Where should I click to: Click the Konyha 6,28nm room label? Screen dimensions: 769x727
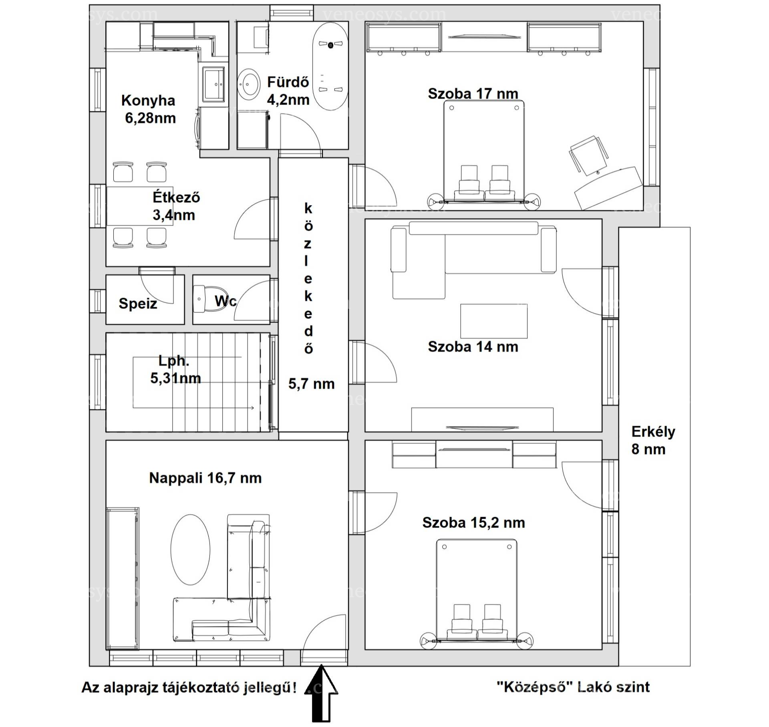149,109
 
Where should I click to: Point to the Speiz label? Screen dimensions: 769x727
138,304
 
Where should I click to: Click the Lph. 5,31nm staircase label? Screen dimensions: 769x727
175,369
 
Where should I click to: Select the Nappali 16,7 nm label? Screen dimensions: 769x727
205,478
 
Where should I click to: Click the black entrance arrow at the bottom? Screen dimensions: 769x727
322,699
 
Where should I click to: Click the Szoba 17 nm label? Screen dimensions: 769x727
473,94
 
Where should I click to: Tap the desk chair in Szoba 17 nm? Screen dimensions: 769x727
588,155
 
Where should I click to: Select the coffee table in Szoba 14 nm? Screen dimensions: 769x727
494,321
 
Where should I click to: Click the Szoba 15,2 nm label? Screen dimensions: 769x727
473,523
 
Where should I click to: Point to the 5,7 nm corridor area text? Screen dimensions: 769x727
311,384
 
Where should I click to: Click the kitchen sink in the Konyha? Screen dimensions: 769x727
214,85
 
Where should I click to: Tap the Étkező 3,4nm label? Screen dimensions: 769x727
175,206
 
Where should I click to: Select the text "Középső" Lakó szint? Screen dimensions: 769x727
573,687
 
